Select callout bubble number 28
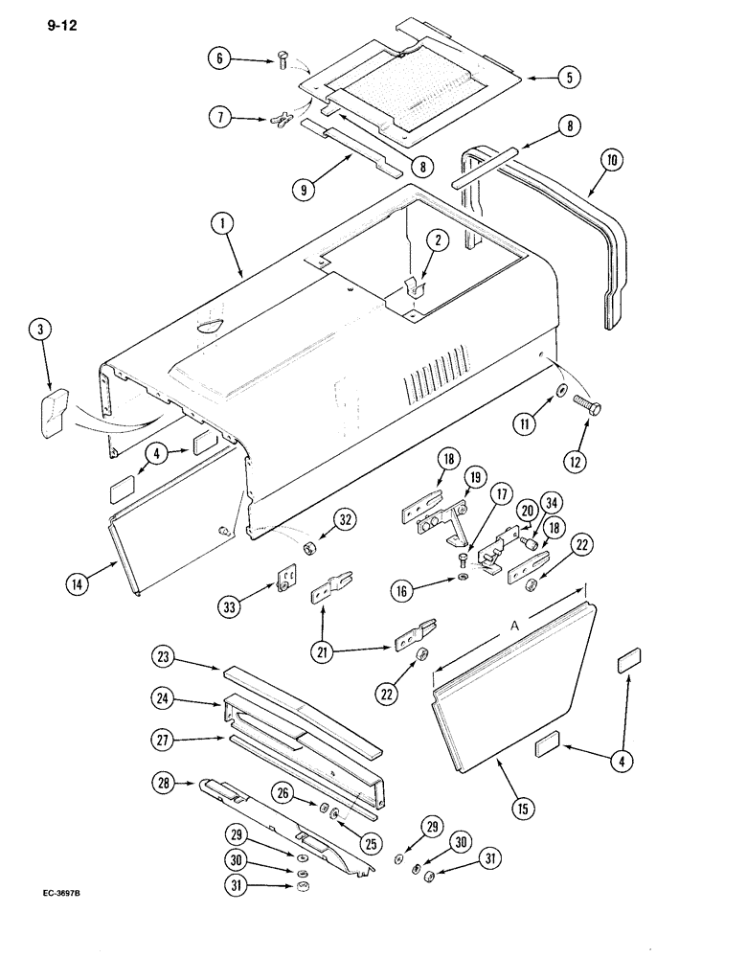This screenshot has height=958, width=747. click(x=162, y=785)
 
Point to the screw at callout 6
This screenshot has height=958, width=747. click(x=282, y=63)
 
